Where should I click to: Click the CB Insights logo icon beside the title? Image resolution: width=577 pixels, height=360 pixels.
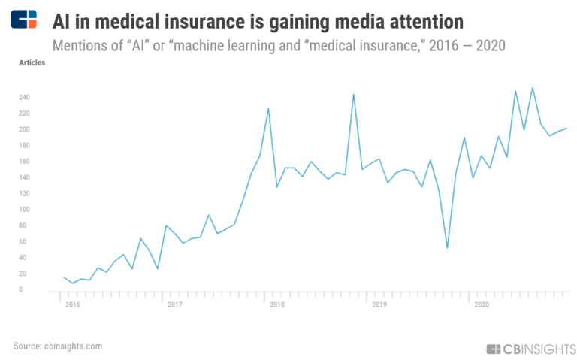click(x=23, y=19)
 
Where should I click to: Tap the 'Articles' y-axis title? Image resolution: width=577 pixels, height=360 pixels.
click(x=32, y=62)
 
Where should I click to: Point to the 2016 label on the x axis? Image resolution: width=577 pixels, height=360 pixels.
click(x=72, y=304)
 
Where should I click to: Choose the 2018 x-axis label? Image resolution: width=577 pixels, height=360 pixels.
click(x=276, y=304)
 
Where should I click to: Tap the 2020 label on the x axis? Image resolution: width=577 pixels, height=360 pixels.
click(x=481, y=304)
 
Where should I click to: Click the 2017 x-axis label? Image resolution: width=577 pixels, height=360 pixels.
click(x=174, y=304)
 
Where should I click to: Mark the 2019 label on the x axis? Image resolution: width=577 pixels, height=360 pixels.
click(x=379, y=304)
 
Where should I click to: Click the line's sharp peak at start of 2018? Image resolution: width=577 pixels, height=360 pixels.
click(x=268, y=109)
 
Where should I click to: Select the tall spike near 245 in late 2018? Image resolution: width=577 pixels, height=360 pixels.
click(x=354, y=94)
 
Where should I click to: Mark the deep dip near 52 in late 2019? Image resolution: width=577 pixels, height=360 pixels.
click(x=447, y=247)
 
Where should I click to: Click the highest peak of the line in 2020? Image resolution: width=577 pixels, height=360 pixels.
click(x=533, y=88)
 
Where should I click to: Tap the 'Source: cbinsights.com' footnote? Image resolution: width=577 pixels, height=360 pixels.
click(x=57, y=346)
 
